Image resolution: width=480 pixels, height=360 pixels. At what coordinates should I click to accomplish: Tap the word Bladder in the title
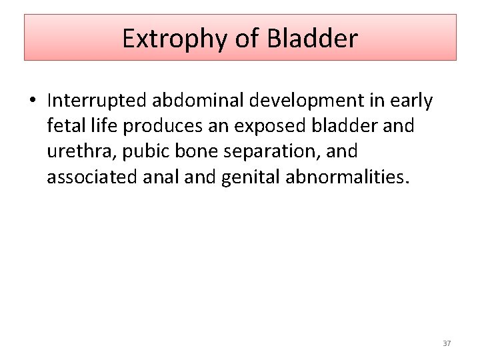[313, 39]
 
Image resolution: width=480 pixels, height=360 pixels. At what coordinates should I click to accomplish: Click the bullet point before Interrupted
[31, 101]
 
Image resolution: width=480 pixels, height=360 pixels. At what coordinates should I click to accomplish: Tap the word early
[411, 101]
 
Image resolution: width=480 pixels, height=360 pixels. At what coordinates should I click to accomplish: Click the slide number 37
[447, 343]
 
